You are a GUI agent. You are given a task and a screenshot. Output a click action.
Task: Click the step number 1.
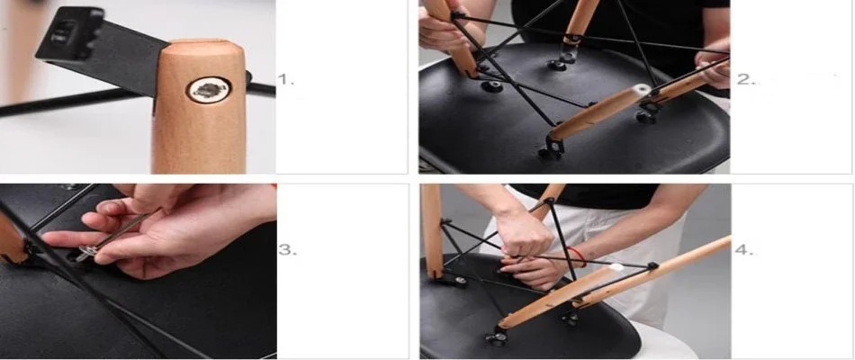[286, 79]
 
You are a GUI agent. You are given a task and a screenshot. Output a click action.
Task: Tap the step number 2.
[745, 79]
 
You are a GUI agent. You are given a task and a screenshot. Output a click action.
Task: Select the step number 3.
[287, 250]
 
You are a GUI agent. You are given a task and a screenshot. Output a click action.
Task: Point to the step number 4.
[743, 250]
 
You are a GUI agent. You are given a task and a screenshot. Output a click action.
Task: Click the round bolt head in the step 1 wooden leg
[208, 89]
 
